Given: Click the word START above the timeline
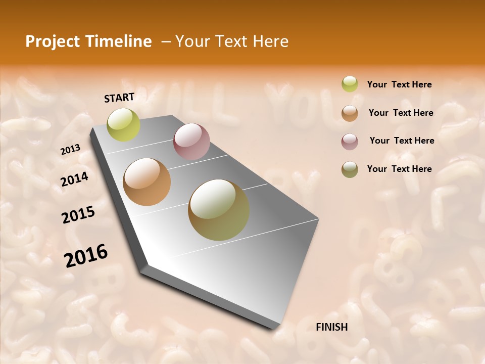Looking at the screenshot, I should tap(119, 98).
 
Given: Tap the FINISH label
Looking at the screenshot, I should tap(332, 327).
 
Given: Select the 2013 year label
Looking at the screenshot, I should tap(70, 150).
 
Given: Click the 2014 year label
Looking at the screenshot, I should tap(74, 179).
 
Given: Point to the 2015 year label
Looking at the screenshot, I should tap(78, 215).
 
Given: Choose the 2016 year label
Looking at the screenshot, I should tap(86, 255).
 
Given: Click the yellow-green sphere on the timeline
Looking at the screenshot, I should tap(124, 125).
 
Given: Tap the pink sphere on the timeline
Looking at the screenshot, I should tap(191, 142).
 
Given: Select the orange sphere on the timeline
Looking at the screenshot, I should tap(147, 182).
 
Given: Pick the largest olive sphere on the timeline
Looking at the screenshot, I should tap(219, 210).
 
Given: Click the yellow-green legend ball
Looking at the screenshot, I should tap(350, 84).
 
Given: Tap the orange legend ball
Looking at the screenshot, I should tap(350, 113).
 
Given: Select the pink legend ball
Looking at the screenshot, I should tap(350, 141).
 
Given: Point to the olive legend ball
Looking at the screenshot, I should tap(350, 169).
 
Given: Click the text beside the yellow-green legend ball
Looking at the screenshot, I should tap(399, 84).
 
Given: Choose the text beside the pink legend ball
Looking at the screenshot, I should tap(402, 141).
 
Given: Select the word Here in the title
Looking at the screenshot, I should tap(270, 41).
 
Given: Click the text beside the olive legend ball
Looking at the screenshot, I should tap(399, 169).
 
